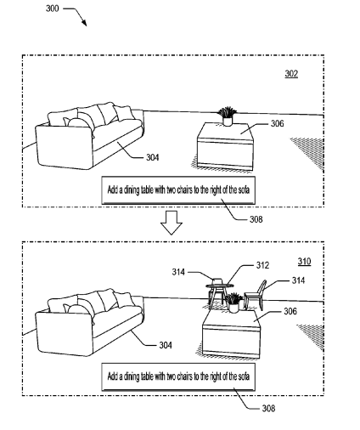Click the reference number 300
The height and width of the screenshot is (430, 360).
click(53, 8)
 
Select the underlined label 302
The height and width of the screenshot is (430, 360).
click(291, 74)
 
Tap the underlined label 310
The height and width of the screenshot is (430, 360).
click(304, 261)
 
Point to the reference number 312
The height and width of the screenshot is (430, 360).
click(262, 265)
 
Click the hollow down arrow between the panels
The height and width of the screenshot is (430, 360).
click(172, 223)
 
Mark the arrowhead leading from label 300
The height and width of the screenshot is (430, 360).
click(84, 23)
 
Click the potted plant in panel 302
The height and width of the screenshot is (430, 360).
click(227, 116)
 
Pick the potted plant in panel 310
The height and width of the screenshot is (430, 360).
click(233, 303)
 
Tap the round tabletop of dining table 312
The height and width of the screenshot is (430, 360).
click(220, 286)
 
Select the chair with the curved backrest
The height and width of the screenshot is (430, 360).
click(256, 295)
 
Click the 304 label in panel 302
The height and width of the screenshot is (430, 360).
click(153, 157)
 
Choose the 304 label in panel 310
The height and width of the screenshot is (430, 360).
click(166, 345)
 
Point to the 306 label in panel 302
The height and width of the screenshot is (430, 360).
click(278, 123)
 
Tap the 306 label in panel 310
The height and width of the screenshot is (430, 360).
click(290, 311)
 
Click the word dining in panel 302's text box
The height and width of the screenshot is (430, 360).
click(132, 190)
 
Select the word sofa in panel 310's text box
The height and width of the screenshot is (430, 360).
click(244, 376)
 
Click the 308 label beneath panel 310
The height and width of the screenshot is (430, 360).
click(268, 408)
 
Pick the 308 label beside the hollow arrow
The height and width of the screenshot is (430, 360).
click(256, 219)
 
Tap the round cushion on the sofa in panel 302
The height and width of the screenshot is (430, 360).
click(80, 122)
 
